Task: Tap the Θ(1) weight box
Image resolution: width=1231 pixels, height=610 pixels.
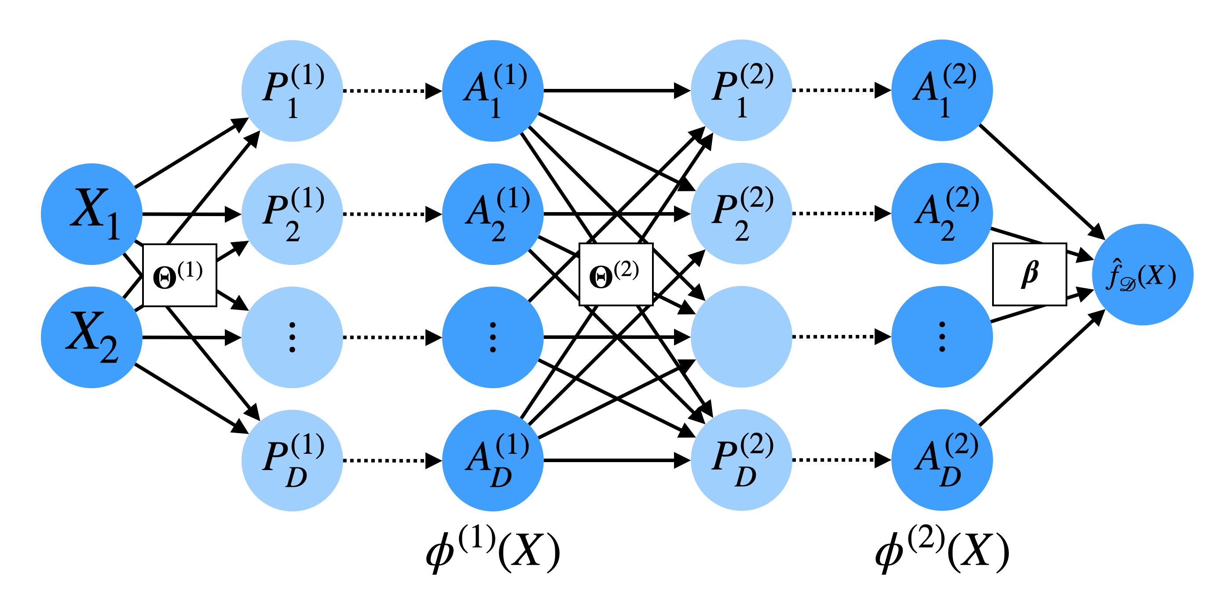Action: pos(180,275)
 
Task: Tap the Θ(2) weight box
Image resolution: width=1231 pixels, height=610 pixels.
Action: pos(615,274)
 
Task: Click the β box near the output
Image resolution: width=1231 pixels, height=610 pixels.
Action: pos(1029,274)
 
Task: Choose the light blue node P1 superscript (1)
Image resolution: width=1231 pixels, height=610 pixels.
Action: pos(292,90)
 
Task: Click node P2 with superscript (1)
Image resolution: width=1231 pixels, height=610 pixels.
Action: pos(292,214)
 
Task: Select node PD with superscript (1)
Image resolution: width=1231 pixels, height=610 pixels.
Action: pos(292,460)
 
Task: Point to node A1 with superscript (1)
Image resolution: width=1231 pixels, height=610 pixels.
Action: pos(493,90)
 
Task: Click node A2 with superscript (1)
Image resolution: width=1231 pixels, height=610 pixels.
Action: pos(493,214)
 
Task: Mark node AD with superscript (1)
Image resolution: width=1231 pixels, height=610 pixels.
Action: pos(493,460)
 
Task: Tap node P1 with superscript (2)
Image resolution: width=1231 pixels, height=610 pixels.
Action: pos(741,90)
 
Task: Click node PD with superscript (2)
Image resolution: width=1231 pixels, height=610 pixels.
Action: pos(741,459)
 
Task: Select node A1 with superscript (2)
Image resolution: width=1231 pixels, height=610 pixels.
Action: pos(942,90)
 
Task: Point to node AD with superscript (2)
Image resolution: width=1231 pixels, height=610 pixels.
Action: pos(942,459)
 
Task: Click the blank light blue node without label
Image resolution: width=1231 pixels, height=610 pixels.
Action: pos(741,337)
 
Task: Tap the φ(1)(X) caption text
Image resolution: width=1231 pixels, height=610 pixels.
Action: pos(493,550)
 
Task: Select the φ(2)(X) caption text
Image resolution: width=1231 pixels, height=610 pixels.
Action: pos(942,550)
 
